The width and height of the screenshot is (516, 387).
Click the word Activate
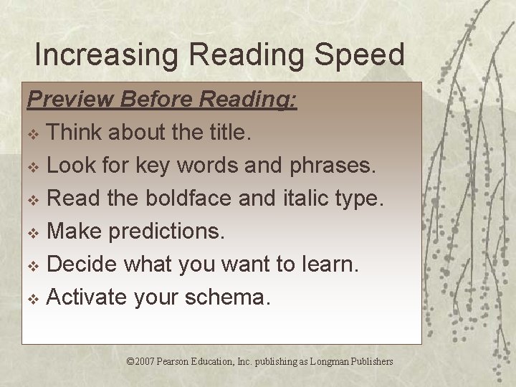[87, 297]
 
